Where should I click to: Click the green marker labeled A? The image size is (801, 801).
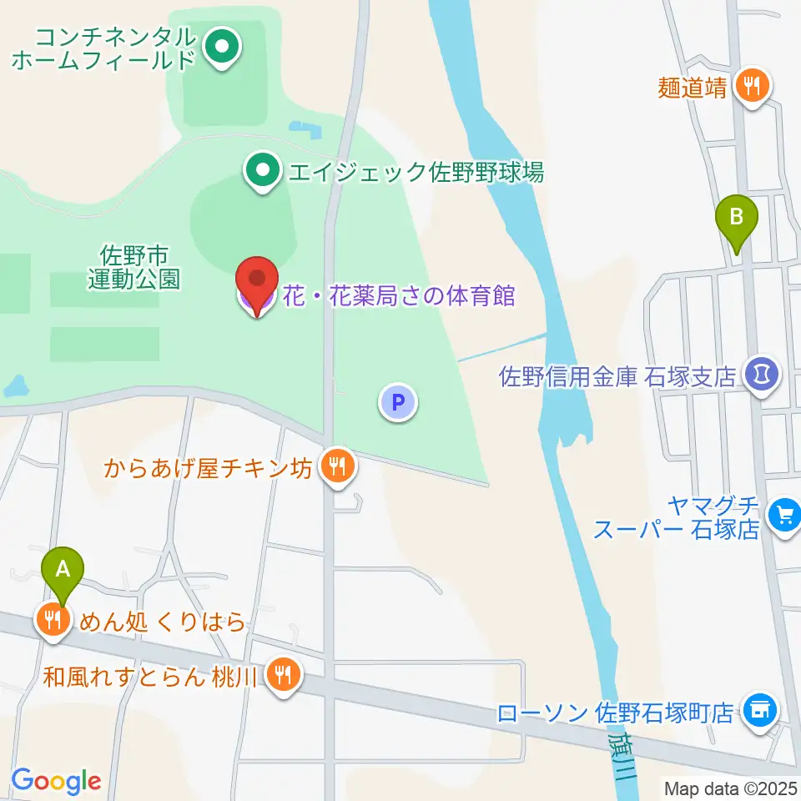63,572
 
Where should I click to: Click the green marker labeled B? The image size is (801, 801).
737,219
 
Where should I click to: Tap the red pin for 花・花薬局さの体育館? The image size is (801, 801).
258,281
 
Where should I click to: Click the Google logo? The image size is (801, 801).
56,781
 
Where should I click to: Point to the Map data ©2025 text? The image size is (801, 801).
730,788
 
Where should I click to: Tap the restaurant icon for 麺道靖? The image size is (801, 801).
753,85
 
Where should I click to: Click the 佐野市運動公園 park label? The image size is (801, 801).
133,265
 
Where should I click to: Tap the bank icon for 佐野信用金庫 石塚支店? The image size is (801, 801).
762,373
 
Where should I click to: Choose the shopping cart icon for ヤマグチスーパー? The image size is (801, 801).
784,513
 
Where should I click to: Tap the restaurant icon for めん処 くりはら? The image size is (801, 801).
53,620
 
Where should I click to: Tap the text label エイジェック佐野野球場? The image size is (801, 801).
416,173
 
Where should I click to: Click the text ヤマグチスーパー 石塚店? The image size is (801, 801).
678,517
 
